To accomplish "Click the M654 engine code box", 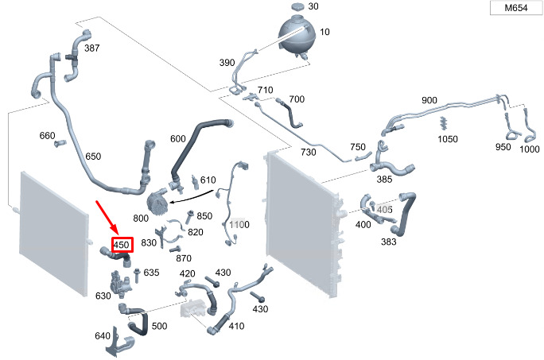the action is [x=516, y=8].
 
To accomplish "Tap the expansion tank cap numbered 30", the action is [x=298, y=6].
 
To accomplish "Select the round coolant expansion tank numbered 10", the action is [x=297, y=34].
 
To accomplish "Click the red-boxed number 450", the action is [x=122, y=245].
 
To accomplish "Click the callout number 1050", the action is [x=448, y=139].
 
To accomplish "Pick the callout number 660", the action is [x=47, y=135].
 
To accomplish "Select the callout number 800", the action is [x=141, y=219].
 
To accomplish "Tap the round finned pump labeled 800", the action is [x=157, y=203].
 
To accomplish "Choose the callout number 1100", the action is [x=239, y=224].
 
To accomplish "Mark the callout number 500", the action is [x=159, y=326].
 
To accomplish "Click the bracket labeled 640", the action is [x=117, y=343].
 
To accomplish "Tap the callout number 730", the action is [x=308, y=152].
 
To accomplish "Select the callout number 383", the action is [x=388, y=242].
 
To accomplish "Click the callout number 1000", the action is [x=530, y=149].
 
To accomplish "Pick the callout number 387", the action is [x=92, y=48].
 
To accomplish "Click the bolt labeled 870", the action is [x=175, y=249].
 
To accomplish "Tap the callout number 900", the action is [x=429, y=100].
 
